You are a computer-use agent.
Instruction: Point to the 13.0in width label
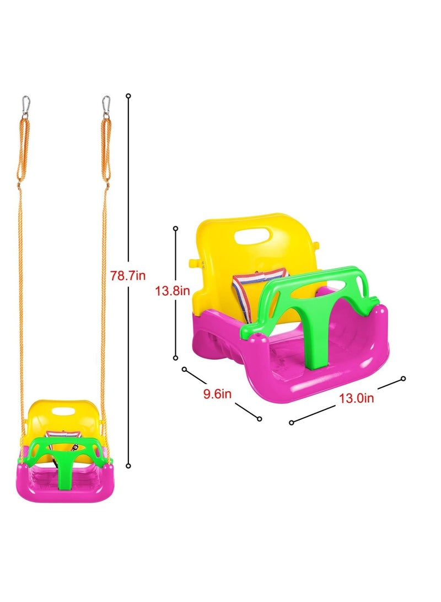click(357, 398)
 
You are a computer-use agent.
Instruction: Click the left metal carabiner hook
click(25, 106)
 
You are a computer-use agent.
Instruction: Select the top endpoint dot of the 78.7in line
click(128, 96)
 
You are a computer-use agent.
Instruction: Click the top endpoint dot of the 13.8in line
click(176, 228)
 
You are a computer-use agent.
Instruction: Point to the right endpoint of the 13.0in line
click(403, 378)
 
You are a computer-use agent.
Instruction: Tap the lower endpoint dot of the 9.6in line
click(260, 419)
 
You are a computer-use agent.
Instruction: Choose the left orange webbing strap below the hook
click(21, 149)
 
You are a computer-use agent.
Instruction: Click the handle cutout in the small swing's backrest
click(65, 412)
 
